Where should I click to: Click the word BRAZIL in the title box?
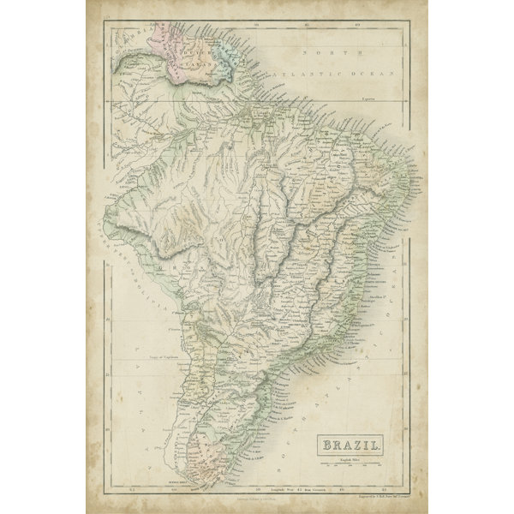(352, 445)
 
